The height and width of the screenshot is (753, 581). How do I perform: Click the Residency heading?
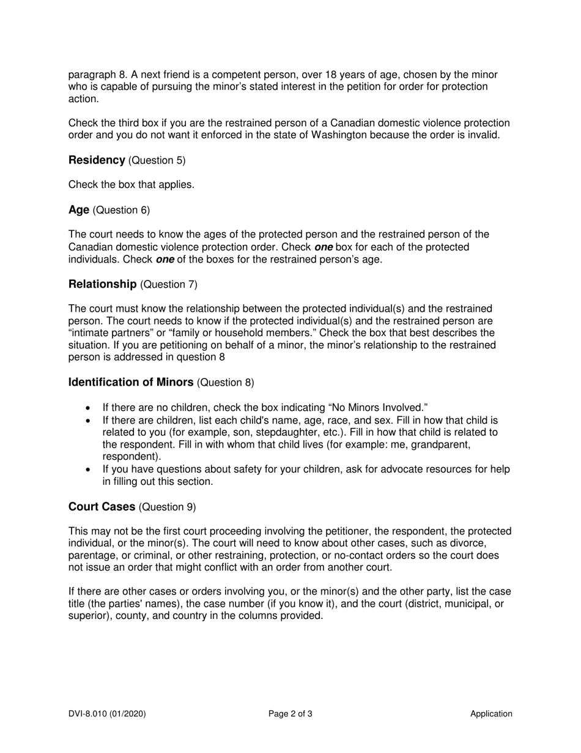coord(97,160)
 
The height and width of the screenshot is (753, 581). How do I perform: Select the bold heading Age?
coord(79,210)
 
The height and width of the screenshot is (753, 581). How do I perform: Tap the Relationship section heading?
coord(102,284)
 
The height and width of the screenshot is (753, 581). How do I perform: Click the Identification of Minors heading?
coord(131,382)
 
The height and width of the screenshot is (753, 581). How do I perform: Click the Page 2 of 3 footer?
coord(290,713)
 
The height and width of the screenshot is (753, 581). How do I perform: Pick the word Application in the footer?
coord(491,713)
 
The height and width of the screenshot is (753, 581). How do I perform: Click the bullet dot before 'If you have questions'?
coord(89,470)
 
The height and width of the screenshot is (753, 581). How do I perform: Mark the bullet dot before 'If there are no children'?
coord(89,408)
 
